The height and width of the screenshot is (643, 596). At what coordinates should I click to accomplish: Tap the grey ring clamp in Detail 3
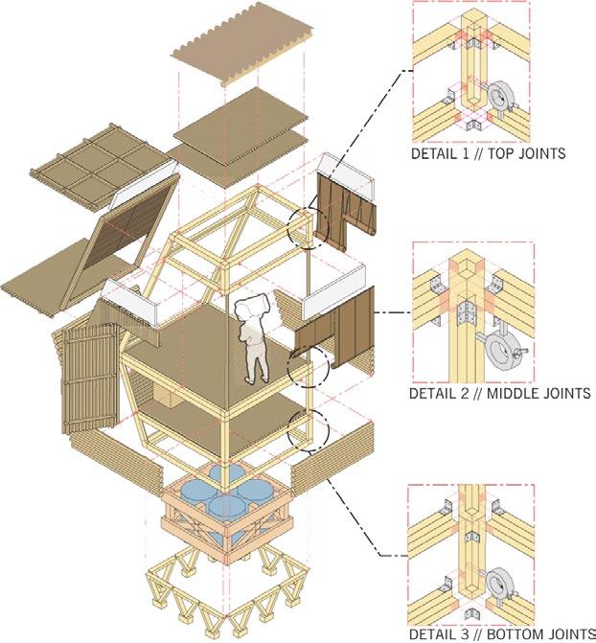[x=500, y=586]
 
